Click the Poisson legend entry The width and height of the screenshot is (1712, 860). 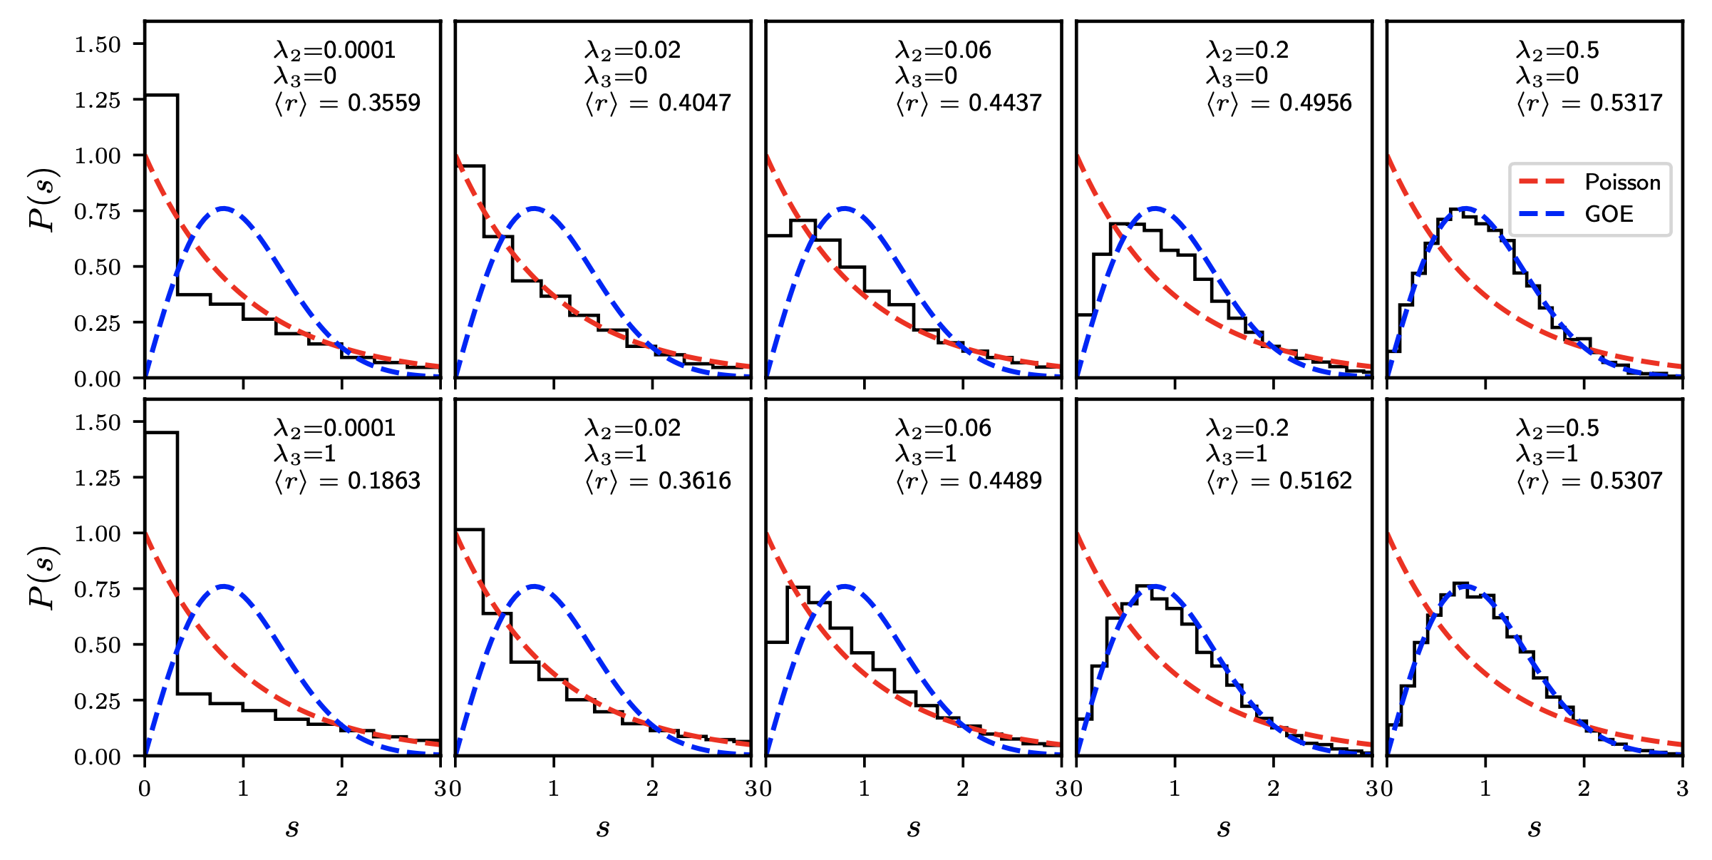[1621, 183]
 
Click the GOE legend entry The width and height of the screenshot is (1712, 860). [1608, 214]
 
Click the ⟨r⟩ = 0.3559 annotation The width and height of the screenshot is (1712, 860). [347, 103]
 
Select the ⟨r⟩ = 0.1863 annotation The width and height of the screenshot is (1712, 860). [347, 481]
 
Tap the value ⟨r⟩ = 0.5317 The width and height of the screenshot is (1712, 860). [1589, 103]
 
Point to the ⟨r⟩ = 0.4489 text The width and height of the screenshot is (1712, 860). [968, 481]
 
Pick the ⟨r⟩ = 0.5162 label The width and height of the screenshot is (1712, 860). [1279, 481]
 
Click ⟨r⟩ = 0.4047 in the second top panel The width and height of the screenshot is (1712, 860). [657, 103]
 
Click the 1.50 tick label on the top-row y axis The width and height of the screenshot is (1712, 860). [98, 45]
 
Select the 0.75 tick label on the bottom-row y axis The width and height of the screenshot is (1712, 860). [98, 589]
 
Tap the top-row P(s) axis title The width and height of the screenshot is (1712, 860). [43, 200]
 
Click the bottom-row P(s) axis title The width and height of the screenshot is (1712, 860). [43, 578]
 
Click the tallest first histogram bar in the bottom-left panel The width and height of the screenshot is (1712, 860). [161, 592]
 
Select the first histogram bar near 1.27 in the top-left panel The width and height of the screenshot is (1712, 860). [161, 235]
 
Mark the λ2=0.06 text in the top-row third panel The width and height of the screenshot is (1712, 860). [943, 51]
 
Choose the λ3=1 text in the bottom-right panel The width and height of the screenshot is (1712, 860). [1547, 454]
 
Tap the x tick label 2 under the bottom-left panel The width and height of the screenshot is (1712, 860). [342, 789]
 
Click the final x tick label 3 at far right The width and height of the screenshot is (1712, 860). [1682, 789]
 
